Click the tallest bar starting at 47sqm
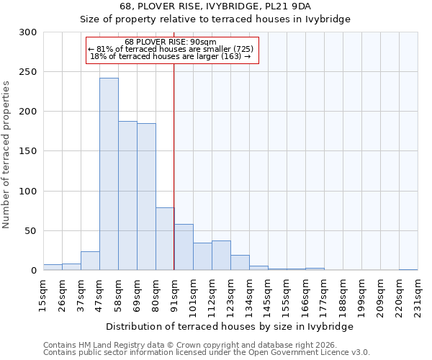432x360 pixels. click(109, 174)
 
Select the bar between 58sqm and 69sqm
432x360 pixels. click(127, 196)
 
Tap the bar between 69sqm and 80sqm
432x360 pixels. click(146, 197)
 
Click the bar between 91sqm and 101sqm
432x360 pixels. click(184, 247)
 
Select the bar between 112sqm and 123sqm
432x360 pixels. click(221, 256)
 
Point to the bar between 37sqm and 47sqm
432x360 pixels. click(90, 261)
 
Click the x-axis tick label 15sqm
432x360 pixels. click(43, 294)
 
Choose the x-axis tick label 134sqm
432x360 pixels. click(249, 294)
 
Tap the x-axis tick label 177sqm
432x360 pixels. click(324, 294)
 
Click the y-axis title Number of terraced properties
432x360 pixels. click(6, 154)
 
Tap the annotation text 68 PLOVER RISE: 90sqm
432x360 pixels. click(170, 42)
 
